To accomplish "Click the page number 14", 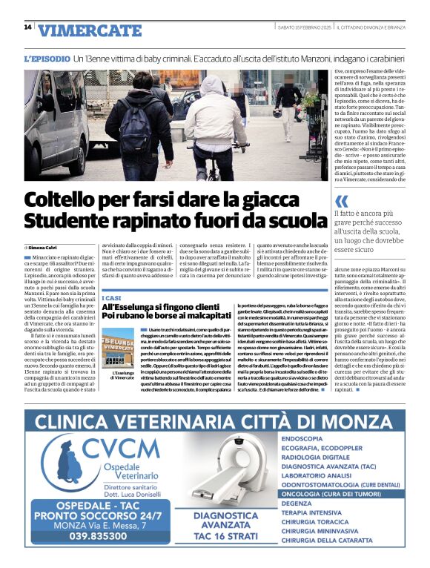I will coord(27,27).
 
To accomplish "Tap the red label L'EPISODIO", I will coord(47,57).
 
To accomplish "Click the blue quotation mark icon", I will coord(341,200).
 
